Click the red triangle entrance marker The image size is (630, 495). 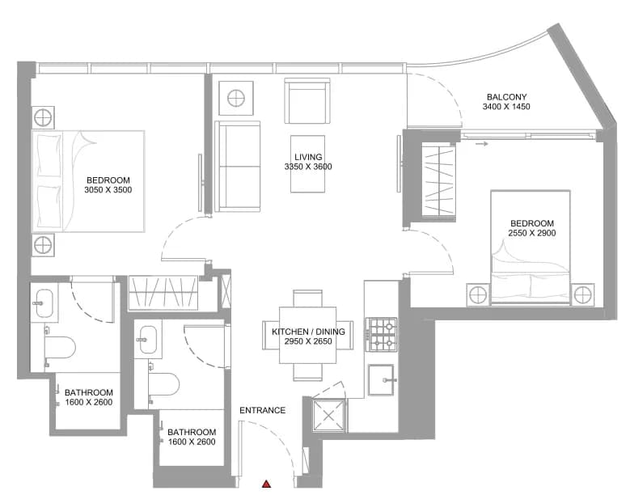tap(266, 484)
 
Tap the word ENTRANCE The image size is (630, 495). tap(262, 410)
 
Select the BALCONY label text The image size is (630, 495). tap(506, 97)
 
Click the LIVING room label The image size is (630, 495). tap(308, 157)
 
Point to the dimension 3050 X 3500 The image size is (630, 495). tap(108, 190)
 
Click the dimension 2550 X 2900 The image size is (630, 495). tap(532, 233)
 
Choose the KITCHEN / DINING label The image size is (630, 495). tap(308, 332)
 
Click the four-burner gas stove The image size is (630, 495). tap(381, 334)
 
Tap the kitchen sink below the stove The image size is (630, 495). tap(381, 380)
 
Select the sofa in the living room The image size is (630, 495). tap(238, 167)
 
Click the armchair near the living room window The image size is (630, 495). tap(307, 101)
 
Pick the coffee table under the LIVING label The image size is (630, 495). tap(308, 164)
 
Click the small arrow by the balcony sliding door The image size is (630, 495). tap(481, 143)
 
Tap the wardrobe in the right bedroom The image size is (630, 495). tap(438, 181)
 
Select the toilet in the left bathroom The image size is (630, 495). tap(60, 347)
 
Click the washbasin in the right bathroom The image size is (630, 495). tap(148, 339)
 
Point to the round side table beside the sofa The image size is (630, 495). tap(236, 98)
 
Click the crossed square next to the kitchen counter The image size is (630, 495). tap(328, 416)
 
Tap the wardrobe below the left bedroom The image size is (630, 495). tap(163, 293)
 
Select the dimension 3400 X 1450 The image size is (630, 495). tap(506, 107)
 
